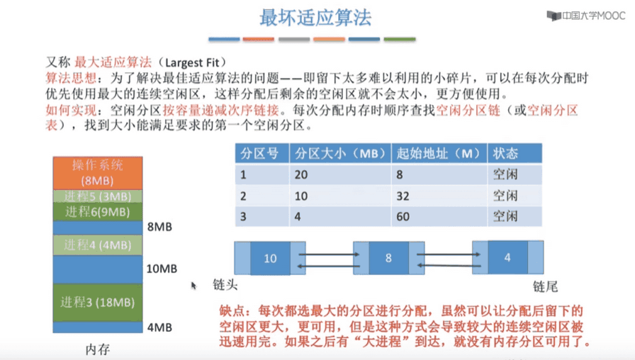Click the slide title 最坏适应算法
pos(315,18)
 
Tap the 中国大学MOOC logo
pos(586,16)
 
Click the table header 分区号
pos(259,154)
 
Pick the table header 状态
pos(505,154)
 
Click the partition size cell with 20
pos(301,174)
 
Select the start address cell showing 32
pos(403,196)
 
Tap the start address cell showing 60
pos(403,217)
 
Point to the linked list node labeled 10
pos(270,258)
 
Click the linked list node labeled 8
pos(389,258)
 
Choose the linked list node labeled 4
pos(508,257)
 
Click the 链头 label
pos(225,285)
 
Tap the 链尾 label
pos(545,287)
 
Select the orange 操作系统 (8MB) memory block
pos(98,173)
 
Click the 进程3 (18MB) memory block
pos(98,303)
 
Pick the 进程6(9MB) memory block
pos(98,211)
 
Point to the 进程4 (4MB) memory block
pos(98,245)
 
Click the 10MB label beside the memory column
pos(162,269)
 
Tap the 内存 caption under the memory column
pos(98,349)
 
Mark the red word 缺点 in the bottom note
pos(232,311)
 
